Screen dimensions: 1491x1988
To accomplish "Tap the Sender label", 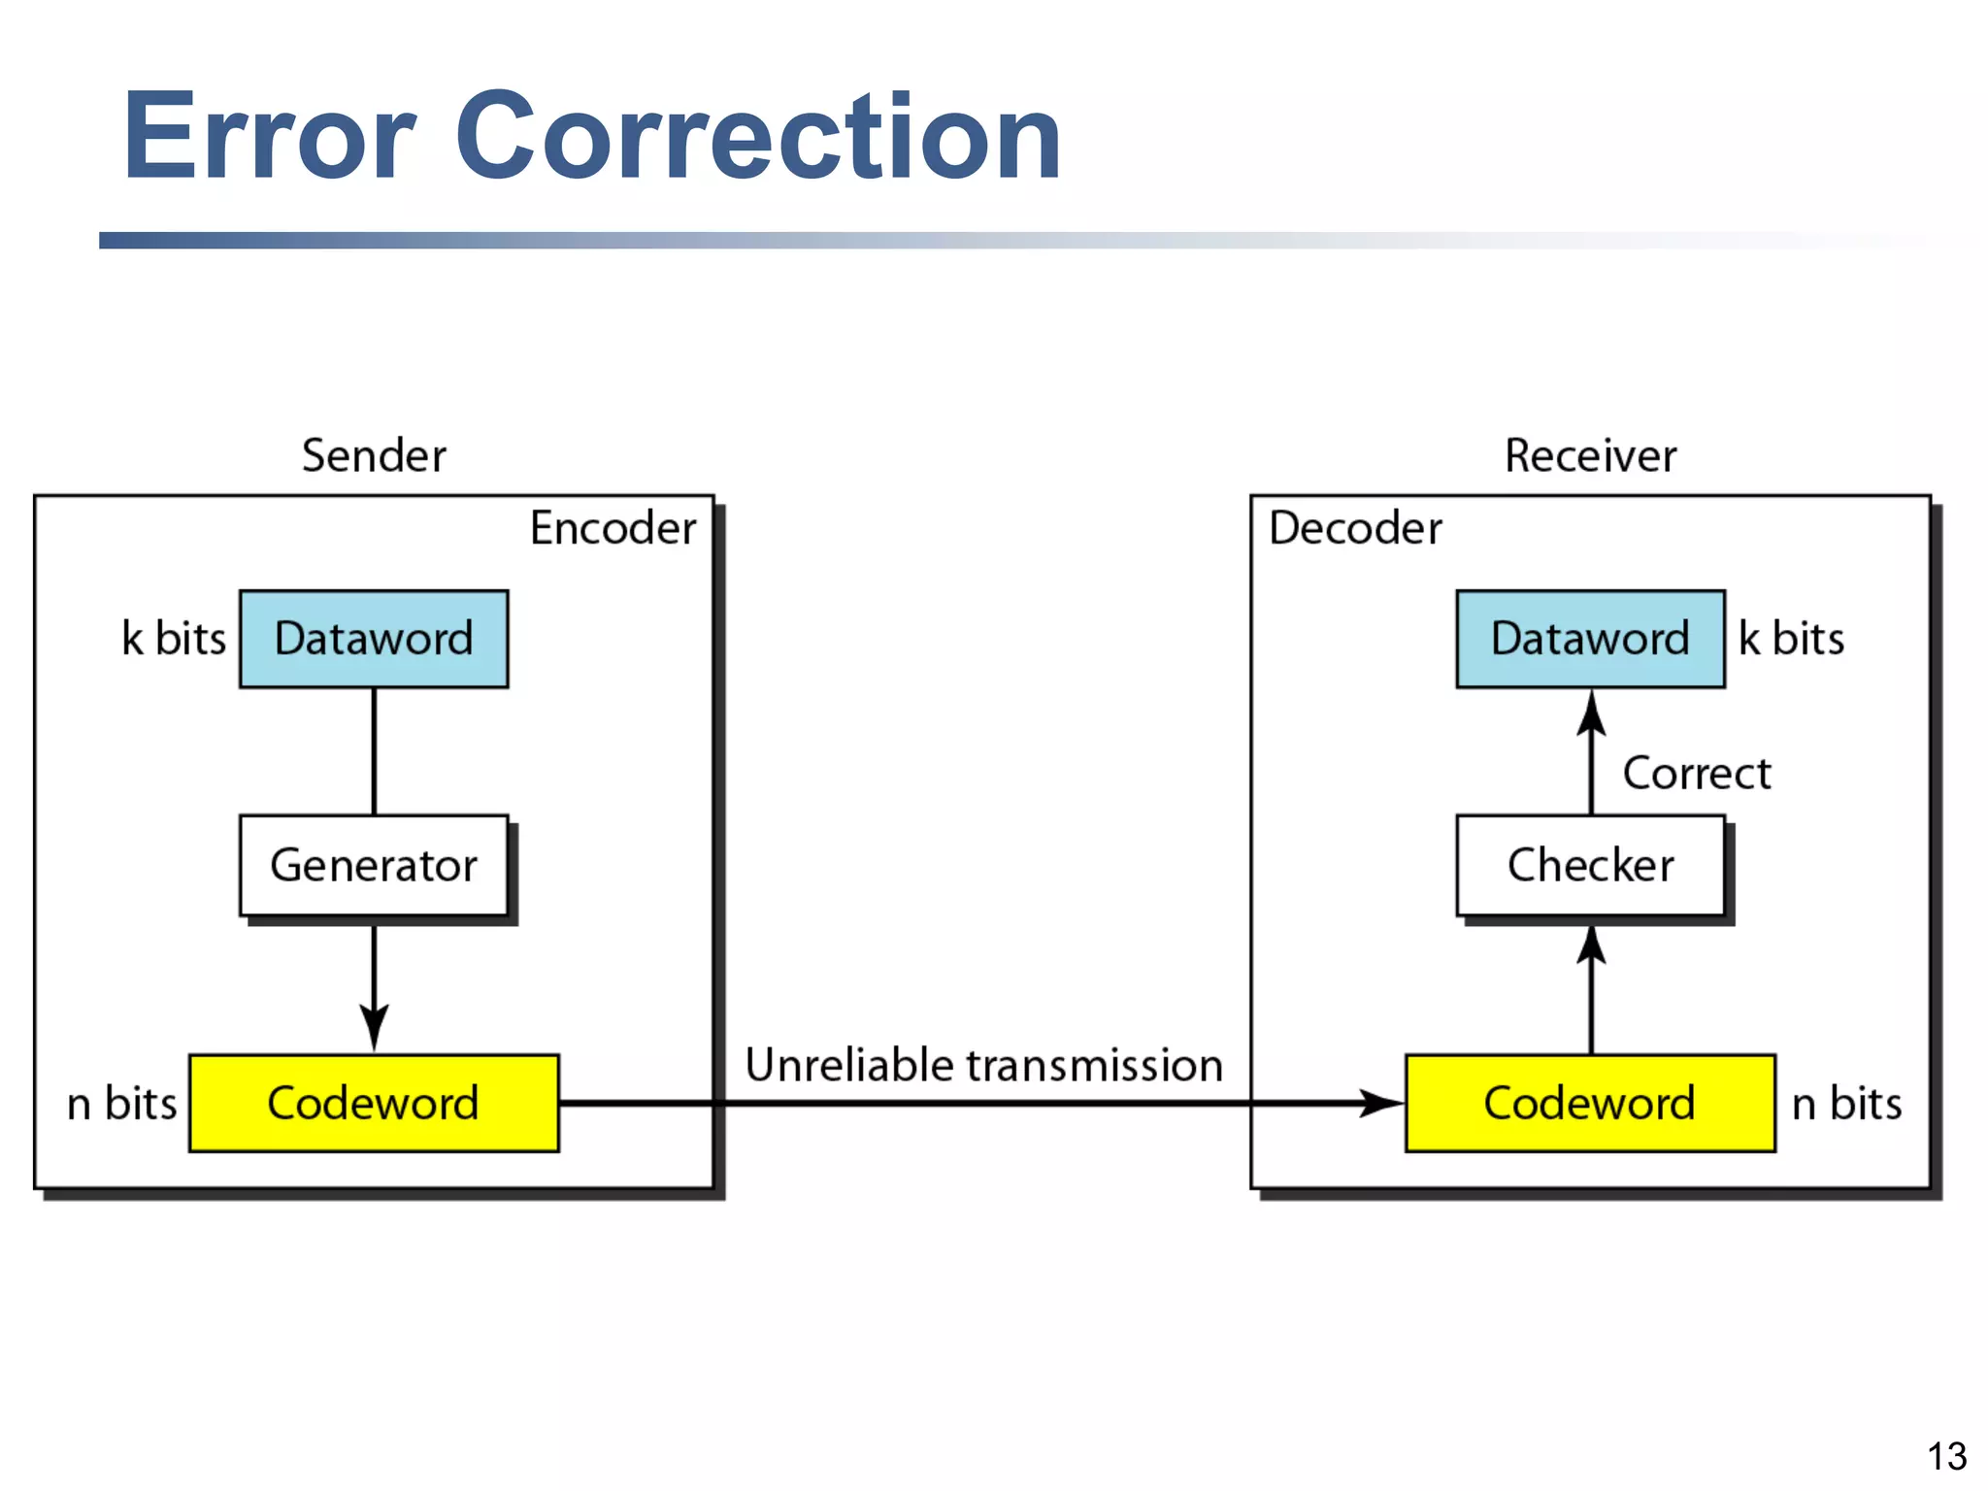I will pyautogui.click(x=374, y=455).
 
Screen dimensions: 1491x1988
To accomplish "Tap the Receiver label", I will pyautogui.click(x=1590, y=455).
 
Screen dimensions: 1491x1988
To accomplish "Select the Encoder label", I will pyautogui.click(x=613, y=528).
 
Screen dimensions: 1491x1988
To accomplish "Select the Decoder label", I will pyautogui.click(x=1355, y=528).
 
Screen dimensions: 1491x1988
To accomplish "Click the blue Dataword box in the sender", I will pyautogui.click(x=374, y=639).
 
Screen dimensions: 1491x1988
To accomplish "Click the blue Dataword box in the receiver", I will pyautogui.click(x=1590, y=639).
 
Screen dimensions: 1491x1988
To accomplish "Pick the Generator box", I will pyautogui.click(x=374, y=865).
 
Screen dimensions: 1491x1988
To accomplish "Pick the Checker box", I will pyautogui.click(x=1590, y=865).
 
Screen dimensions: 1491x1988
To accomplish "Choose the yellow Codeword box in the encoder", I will pyautogui.click(x=374, y=1103).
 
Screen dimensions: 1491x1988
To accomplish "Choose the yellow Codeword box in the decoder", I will pyautogui.click(x=1590, y=1103).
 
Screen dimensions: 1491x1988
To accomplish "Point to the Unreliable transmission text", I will pyautogui.click(x=983, y=1065).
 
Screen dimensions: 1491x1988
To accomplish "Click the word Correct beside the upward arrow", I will pyautogui.click(x=1697, y=774).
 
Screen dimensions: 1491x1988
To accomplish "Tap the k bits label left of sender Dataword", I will pyautogui.click(x=174, y=639).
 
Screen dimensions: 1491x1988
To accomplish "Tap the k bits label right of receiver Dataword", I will pyautogui.click(x=1791, y=639).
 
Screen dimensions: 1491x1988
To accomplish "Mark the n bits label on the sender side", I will pyautogui.click(x=122, y=1104).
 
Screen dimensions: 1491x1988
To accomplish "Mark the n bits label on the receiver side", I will pyautogui.click(x=1846, y=1104).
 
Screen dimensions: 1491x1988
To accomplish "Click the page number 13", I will pyautogui.click(x=1946, y=1456).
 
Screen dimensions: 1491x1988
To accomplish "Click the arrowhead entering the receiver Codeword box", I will pyautogui.click(x=1383, y=1103).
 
